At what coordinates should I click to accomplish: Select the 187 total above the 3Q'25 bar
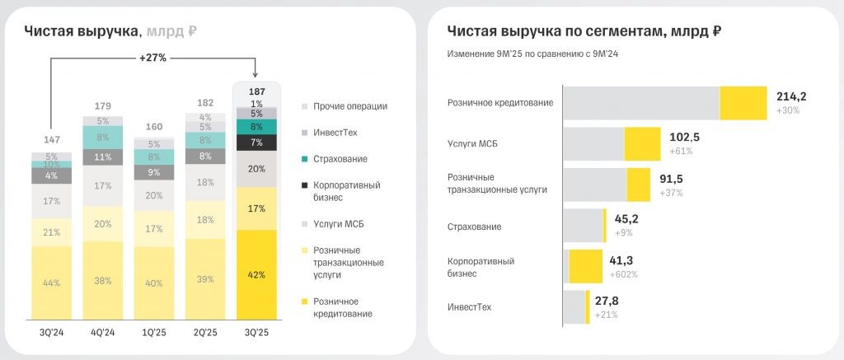(x=256, y=91)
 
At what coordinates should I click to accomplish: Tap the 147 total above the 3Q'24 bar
(x=51, y=140)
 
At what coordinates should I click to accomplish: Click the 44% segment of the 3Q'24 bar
(x=51, y=283)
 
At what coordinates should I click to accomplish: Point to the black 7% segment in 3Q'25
(x=256, y=143)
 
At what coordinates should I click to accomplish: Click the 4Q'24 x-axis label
(x=103, y=333)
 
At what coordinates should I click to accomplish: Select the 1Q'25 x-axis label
(x=154, y=333)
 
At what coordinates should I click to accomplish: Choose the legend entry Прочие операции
(x=349, y=105)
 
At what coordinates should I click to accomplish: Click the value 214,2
(x=790, y=96)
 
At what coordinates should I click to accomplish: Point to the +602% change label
(x=624, y=274)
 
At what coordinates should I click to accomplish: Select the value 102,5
(x=684, y=137)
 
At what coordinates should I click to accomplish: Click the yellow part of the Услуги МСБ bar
(x=642, y=143)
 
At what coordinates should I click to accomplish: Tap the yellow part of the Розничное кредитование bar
(x=743, y=103)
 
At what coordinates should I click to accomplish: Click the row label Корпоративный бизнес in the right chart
(x=481, y=267)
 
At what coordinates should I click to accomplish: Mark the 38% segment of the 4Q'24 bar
(x=103, y=279)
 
